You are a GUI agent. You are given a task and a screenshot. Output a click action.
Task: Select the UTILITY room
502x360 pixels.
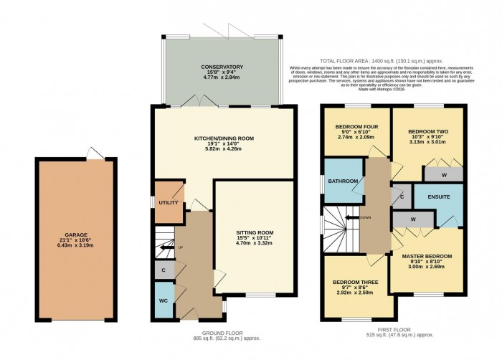point(169,202)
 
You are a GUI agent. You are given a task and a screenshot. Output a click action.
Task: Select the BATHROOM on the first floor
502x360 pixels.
point(343,181)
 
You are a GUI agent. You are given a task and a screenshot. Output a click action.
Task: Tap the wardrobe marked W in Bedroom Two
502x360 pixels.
point(443,174)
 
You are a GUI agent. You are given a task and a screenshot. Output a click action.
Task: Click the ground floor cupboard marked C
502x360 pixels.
point(164,270)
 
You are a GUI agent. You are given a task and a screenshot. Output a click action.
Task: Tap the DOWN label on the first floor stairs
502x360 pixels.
point(366,217)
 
